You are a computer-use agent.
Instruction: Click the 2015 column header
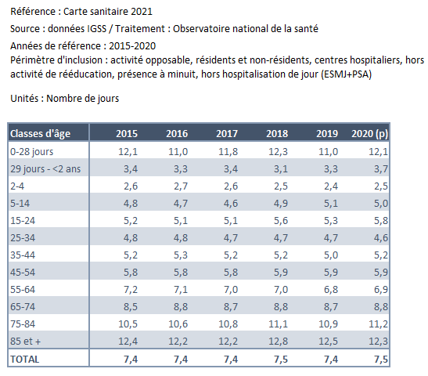pyautogui.click(x=127, y=134)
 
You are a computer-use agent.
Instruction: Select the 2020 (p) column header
pyautogui.click(x=369, y=134)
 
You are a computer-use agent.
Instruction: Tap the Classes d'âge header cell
pyautogui.click(x=41, y=134)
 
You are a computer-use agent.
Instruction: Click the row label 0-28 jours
pyautogui.click(x=31, y=152)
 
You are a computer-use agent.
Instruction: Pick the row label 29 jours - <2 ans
pyautogui.click(x=45, y=169)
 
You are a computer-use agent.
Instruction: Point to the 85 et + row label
pyautogui.click(x=25, y=341)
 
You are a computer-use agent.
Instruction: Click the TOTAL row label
pyautogui.click(x=25, y=359)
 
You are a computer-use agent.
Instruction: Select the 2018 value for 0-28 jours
pyautogui.click(x=278, y=152)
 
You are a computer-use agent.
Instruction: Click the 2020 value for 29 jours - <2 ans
pyautogui.click(x=381, y=169)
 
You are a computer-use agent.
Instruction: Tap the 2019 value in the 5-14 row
pyautogui.click(x=331, y=204)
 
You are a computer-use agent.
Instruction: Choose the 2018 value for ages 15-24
pyautogui.click(x=281, y=221)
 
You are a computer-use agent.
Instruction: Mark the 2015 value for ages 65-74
pyautogui.click(x=131, y=306)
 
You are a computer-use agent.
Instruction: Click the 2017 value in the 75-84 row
pyautogui.click(x=228, y=324)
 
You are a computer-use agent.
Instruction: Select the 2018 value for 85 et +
pyautogui.click(x=278, y=341)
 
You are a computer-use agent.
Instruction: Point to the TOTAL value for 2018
pyautogui.click(x=281, y=359)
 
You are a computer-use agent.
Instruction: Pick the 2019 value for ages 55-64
pyautogui.click(x=331, y=289)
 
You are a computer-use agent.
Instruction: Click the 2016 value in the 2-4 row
pyautogui.click(x=181, y=186)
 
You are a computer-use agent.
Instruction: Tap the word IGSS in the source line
pyautogui.click(x=96, y=29)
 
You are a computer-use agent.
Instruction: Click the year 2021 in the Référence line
pyautogui.click(x=142, y=12)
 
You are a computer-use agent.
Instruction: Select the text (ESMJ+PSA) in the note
pyautogui.click(x=347, y=74)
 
